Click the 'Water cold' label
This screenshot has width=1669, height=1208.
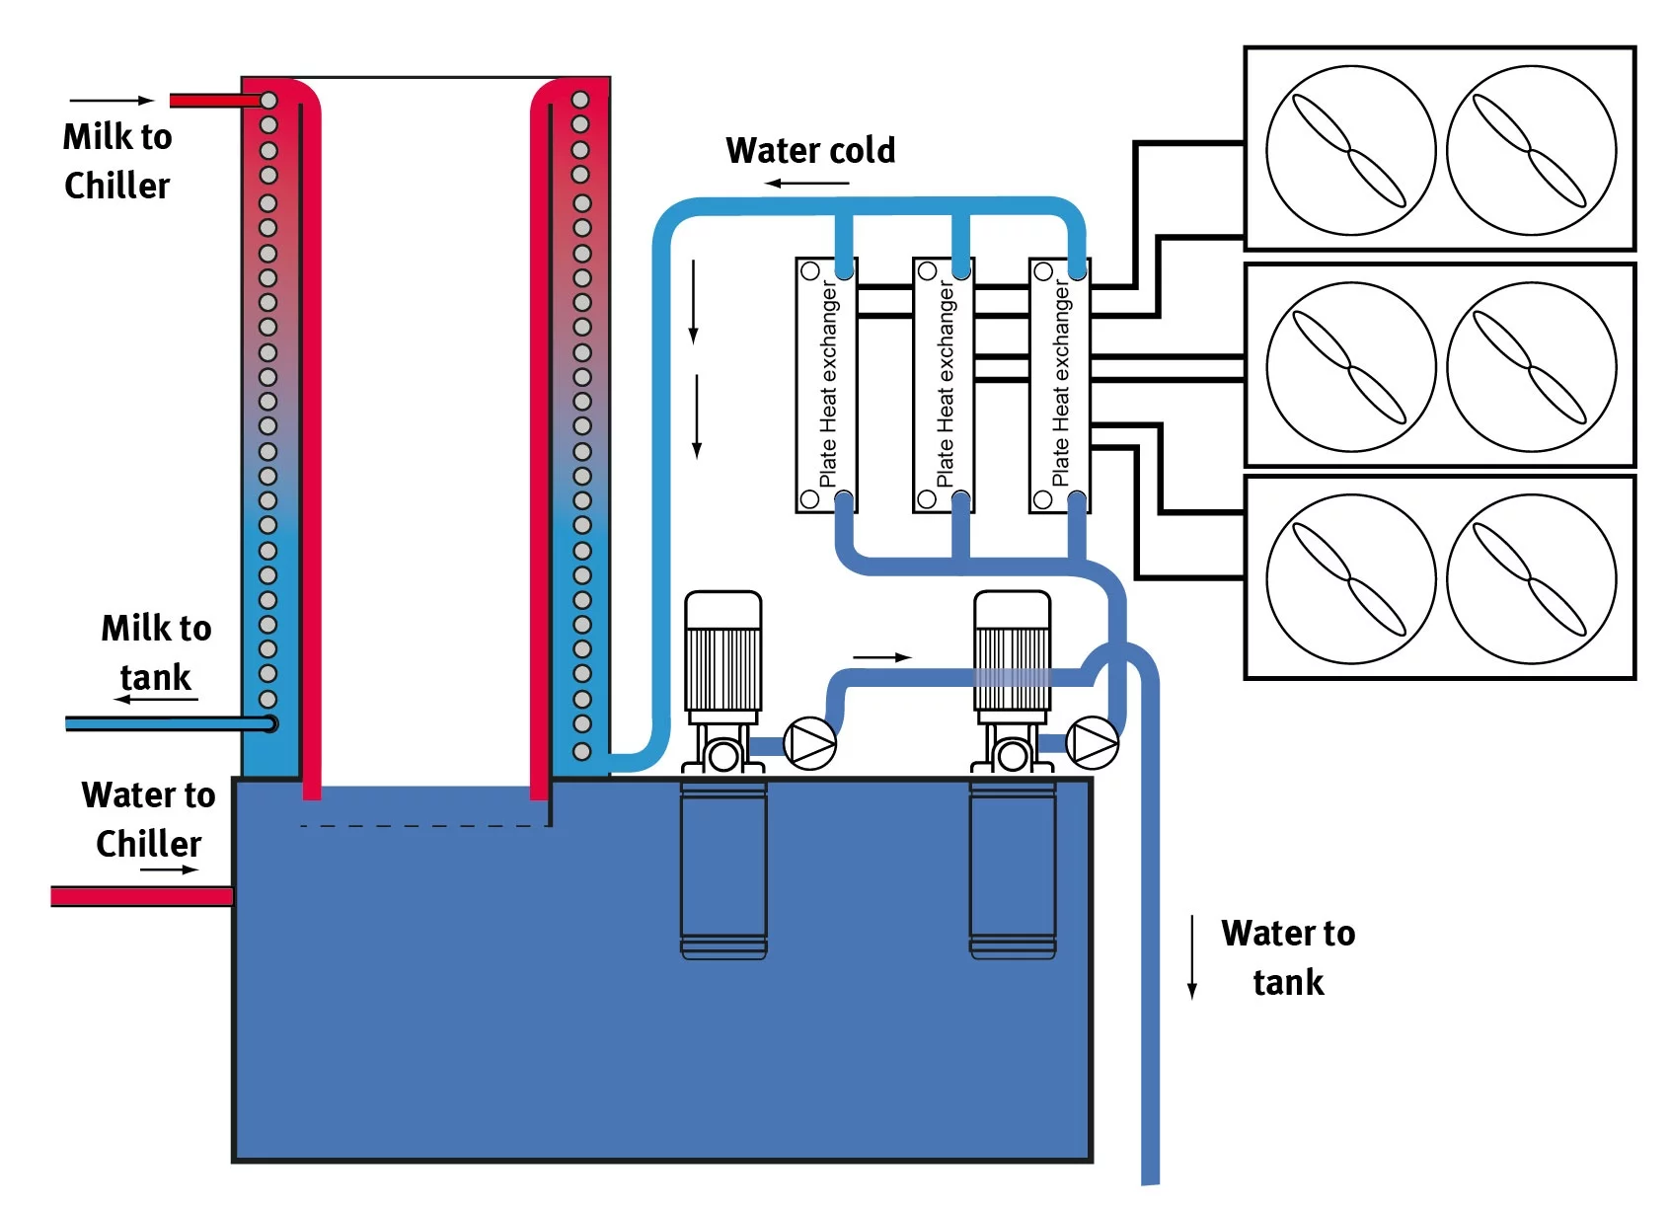pos(810,151)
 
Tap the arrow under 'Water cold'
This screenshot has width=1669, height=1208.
pos(806,184)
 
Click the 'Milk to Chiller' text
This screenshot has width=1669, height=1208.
pos(116,161)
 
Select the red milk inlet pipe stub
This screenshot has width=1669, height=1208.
pos(211,101)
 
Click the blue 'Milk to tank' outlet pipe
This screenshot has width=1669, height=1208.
pos(163,724)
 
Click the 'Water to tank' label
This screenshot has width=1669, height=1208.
pos(1287,957)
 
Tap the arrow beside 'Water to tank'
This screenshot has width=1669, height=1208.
pos(1192,957)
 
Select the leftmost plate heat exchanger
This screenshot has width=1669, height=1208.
pos(826,385)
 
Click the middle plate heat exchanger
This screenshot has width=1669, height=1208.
pos(943,385)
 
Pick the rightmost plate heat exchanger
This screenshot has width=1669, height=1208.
pos(1059,385)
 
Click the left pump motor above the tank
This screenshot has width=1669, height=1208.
pos(722,651)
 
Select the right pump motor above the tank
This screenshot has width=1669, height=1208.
pos(1012,651)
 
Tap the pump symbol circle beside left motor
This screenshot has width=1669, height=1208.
pos(809,744)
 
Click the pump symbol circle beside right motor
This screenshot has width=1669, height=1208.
pos(1093,742)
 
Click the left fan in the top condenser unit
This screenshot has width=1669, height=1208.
pos(1349,150)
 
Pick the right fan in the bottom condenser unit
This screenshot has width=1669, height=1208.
pos(1531,578)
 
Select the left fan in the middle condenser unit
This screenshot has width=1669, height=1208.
pos(1349,366)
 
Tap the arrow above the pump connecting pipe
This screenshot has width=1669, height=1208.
pos(881,657)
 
